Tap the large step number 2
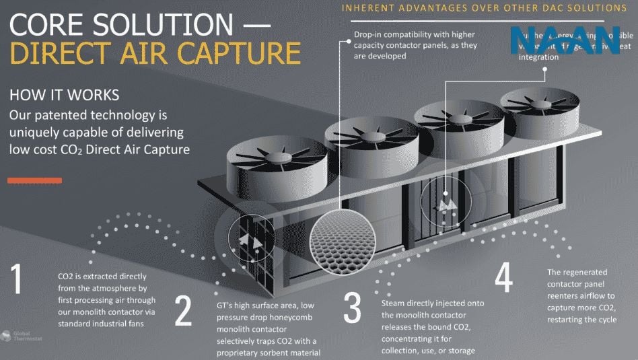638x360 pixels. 183,310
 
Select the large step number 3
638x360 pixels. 353,308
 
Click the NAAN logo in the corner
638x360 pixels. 565,40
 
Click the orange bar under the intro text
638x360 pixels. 35,180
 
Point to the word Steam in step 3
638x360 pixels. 395,303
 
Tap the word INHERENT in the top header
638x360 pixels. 367,8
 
